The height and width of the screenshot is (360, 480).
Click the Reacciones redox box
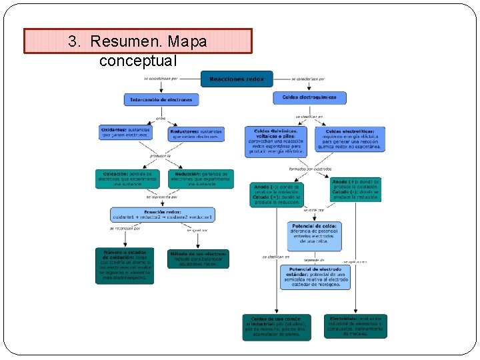click(237, 79)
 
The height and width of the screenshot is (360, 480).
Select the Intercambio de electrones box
click(161, 99)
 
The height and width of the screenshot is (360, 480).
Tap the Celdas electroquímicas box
click(309, 97)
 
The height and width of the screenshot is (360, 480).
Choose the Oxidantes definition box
click(125, 132)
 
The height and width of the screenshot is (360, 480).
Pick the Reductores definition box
click(196, 134)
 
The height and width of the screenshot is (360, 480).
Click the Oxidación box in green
click(127, 179)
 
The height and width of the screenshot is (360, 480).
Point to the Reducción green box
click(201, 179)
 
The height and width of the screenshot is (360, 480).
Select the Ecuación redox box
click(162, 215)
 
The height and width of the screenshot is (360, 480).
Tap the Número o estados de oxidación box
click(124, 265)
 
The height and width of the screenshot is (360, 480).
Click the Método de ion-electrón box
click(197, 259)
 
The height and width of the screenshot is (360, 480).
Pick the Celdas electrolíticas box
click(349, 139)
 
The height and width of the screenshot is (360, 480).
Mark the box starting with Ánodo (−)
click(277, 194)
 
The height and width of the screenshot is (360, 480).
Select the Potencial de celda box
click(314, 235)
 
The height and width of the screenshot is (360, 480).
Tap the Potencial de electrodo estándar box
click(315, 277)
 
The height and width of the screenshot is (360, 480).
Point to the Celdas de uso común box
click(276, 327)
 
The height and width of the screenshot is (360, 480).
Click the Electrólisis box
click(355, 326)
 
